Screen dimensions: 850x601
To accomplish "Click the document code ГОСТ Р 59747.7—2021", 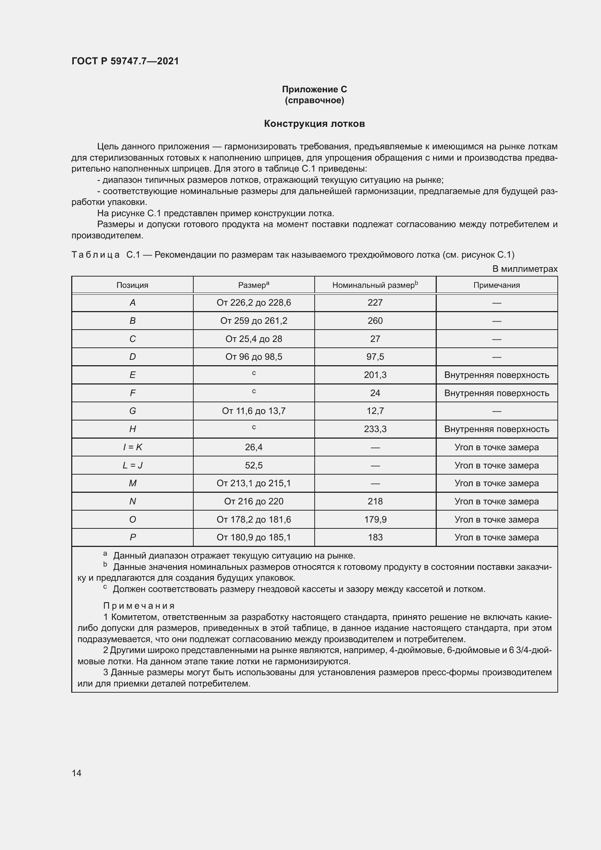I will [125, 61].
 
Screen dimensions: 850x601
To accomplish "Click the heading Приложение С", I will [314, 89].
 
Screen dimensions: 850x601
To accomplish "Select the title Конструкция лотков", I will [314, 124].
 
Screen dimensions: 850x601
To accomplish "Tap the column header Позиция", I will [132, 285].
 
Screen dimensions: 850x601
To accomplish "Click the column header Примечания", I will [496, 285].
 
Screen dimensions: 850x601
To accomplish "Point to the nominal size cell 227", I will [375, 302].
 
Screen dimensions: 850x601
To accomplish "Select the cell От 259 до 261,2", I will [254, 321].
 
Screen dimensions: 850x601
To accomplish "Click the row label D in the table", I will [132, 356].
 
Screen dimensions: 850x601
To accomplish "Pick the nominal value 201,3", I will [375, 375].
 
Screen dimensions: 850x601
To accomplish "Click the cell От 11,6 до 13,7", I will [254, 411].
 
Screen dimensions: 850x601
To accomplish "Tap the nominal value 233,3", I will [375, 429].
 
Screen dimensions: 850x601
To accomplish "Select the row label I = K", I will [132, 447].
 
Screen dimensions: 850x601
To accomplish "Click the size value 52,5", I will [254, 465].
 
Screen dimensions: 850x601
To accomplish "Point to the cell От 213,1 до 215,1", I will [254, 483].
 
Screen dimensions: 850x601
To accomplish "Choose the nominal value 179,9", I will [375, 519].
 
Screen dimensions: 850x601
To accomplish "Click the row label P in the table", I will [132, 537].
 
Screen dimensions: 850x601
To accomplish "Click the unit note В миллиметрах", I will [524, 269].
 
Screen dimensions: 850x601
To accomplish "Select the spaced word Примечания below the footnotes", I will [139, 606].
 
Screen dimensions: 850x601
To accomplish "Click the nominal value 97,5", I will [375, 356].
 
